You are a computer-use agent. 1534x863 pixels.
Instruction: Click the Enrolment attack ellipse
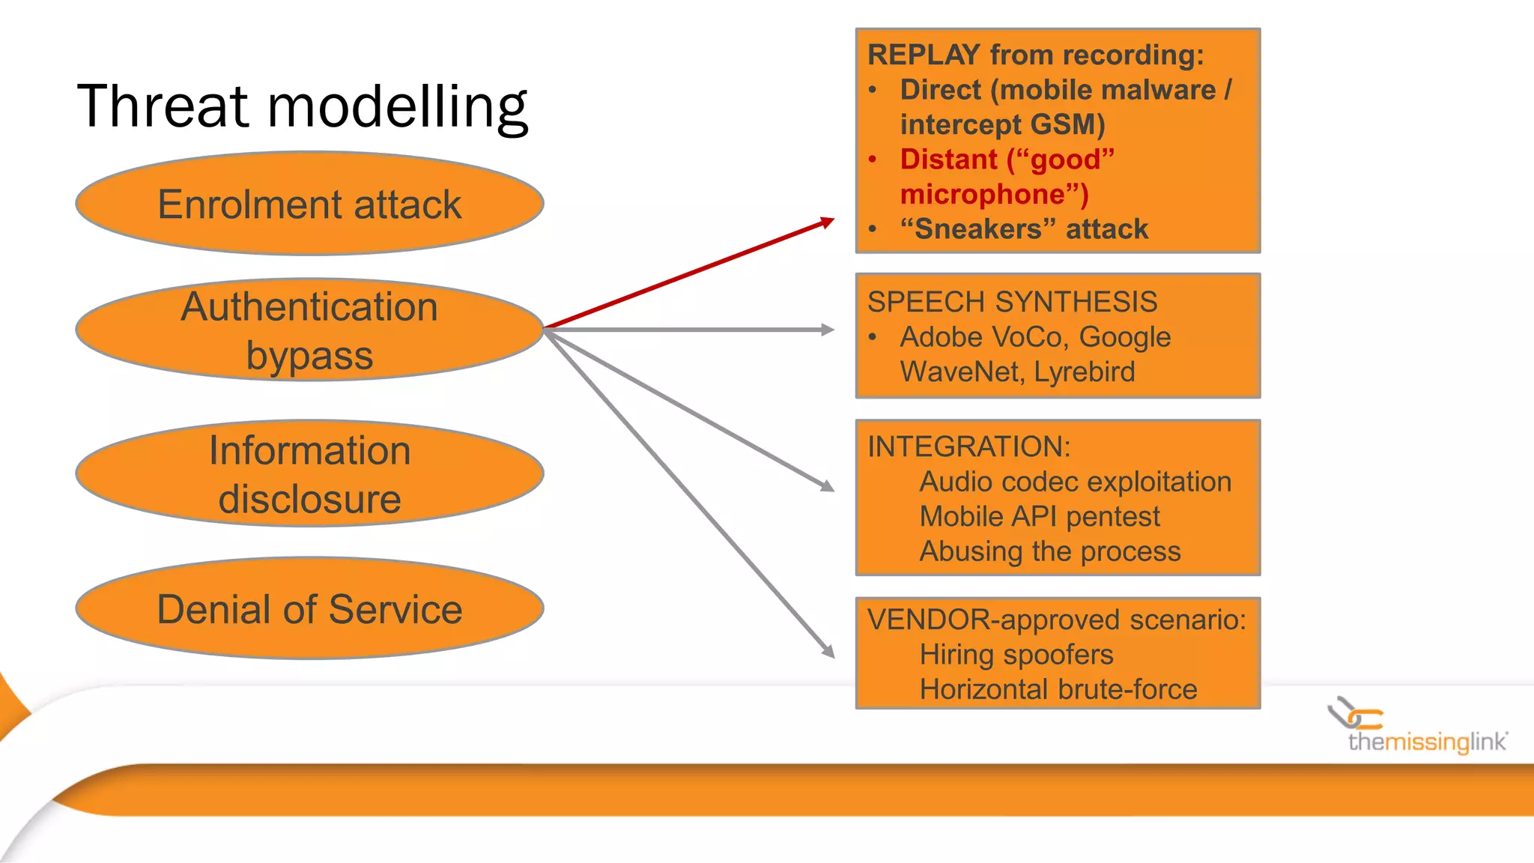pyautogui.click(x=309, y=204)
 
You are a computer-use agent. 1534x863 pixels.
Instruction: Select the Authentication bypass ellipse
pyautogui.click(x=309, y=330)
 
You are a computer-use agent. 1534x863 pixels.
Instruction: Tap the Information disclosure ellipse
pyautogui.click(x=309, y=473)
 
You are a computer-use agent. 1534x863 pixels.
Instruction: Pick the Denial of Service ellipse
pyautogui.click(x=309, y=608)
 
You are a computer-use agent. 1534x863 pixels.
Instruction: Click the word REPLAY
pyautogui.click(x=923, y=55)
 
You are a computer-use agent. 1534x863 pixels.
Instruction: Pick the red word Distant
pyautogui.click(x=948, y=160)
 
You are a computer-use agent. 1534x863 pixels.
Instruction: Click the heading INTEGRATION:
pyautogui.click(x=968, y=446)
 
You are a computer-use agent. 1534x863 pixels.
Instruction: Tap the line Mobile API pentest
pyautogui.click(x=1039, y=517)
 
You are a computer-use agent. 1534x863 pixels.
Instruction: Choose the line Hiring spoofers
pyautogui.click(x=1016, y=655)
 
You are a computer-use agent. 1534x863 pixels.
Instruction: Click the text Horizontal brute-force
pyautogui.click(x=1058, y=689)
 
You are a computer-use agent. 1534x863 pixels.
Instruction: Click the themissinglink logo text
pyautogui.click(x=1426, y=742)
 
